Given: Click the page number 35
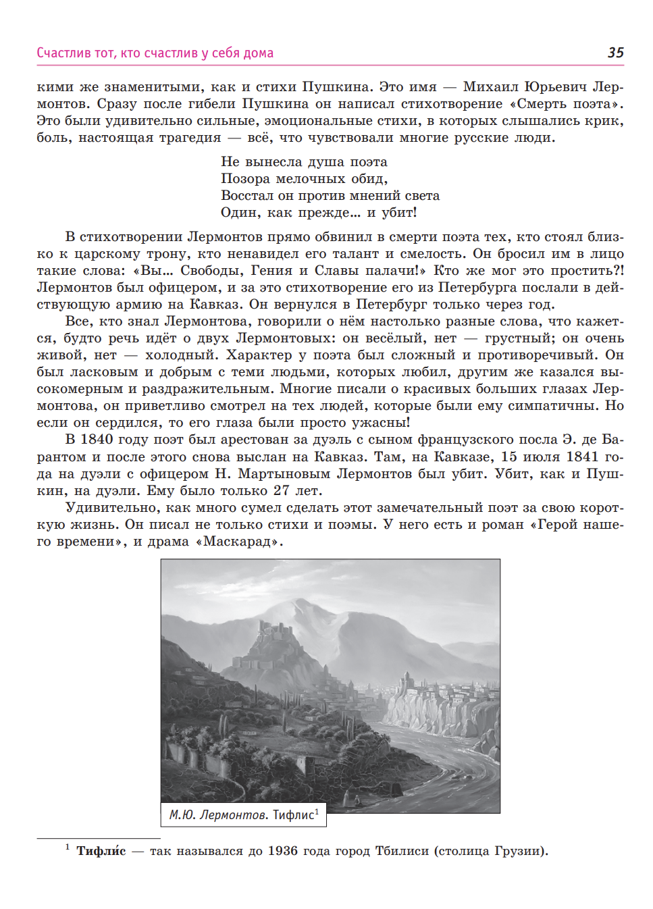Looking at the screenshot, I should tap(615, 53).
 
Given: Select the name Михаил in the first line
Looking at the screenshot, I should tap(490, 87).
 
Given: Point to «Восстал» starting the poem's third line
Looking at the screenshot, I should tap(247, 196).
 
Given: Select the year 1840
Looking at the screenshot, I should tap(97, 440).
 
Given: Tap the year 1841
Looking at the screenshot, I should tap(582, 457).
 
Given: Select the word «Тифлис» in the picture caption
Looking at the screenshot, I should tap(294, 815).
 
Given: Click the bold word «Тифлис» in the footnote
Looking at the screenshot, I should tap(101, 851).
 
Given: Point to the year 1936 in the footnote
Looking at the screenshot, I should tap(282, 851).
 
